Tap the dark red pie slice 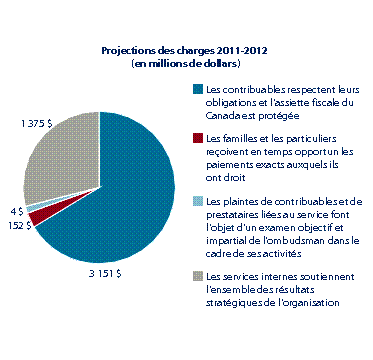pos(39,217)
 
